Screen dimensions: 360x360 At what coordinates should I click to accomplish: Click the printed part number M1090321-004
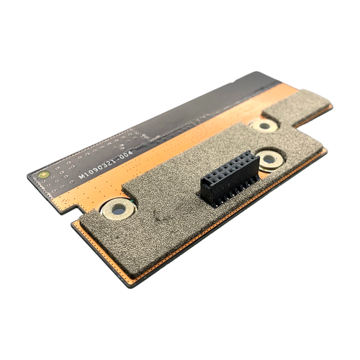tap(106, 165)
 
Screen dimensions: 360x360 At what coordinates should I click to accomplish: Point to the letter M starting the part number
tap(82, 176)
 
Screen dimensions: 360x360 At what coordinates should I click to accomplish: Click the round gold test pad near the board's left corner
tap(44, 174)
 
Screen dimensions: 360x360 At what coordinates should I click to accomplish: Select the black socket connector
tap(230, 179)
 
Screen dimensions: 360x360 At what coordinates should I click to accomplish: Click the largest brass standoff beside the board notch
tap(118, 210)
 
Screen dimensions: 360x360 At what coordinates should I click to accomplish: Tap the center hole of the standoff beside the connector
tap(269, 159)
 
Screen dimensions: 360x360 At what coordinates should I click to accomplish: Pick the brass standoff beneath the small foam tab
tap(264, 126)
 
